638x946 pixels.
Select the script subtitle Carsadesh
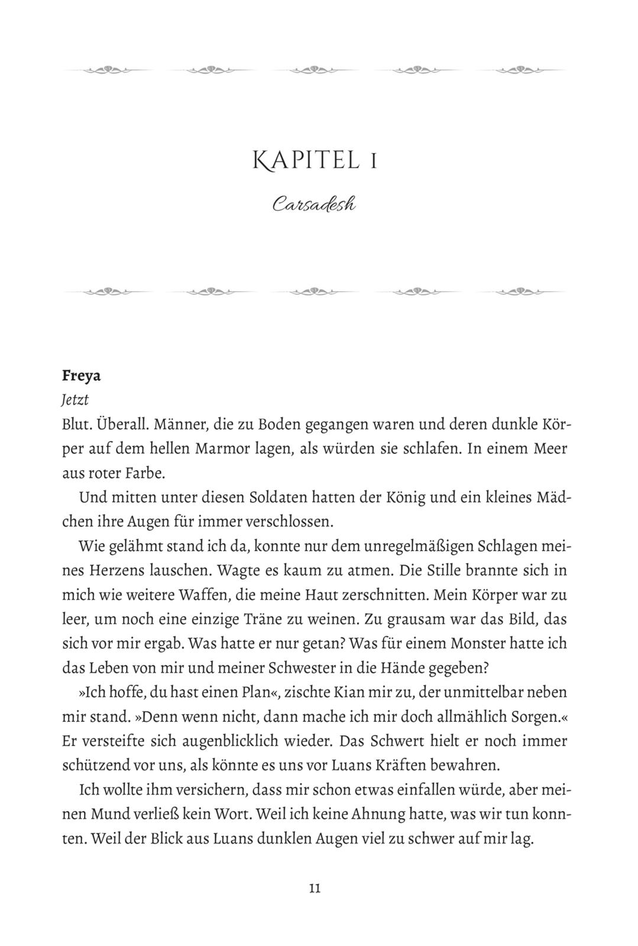tap(314, 205)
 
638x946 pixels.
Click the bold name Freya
tap(81, 375)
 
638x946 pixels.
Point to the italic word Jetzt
tap(75, 400)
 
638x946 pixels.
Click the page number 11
tap(315, 888)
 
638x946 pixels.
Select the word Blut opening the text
tap(75, 425)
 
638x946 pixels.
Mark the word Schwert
tap(424, 741)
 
